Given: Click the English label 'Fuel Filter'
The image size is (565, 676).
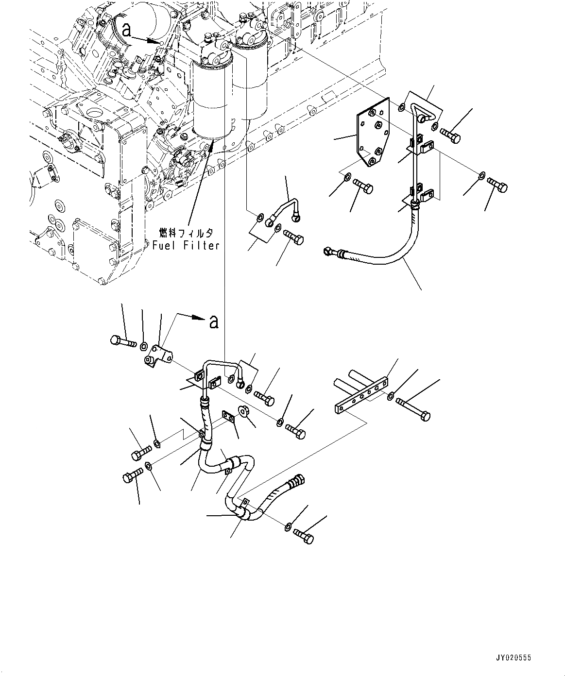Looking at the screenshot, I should tap(186, 246).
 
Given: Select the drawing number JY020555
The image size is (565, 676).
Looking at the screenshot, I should tap(514, 658).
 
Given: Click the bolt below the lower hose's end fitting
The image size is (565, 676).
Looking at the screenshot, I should tap(304, 537).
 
